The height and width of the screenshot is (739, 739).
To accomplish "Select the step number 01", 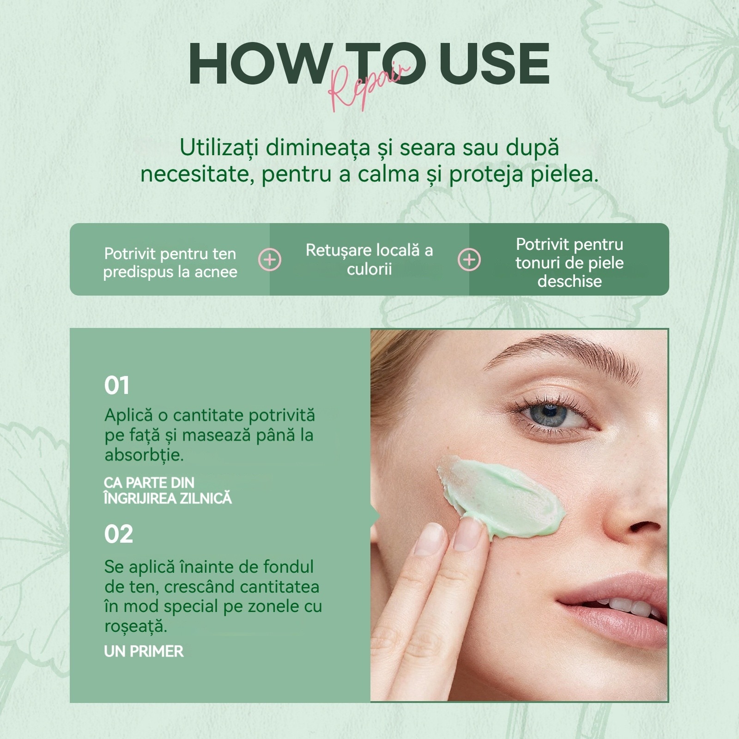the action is [x=117, y=385].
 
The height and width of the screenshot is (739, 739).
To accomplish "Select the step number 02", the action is [x=119, y=534].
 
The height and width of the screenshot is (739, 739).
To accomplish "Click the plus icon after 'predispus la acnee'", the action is [x=270, y=260].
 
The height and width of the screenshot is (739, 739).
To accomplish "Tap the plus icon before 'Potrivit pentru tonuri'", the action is [x=469, y=260].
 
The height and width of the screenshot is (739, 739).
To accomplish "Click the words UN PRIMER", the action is [x=144, y=651].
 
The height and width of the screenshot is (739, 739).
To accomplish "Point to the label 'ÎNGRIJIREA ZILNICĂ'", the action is [x=168, y=498].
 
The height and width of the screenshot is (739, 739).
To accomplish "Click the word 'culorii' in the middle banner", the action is [x=369, y=269].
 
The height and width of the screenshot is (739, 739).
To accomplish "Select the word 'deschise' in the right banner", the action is [x=569, y=281].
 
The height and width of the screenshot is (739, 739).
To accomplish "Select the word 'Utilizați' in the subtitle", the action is [x=219, y=148].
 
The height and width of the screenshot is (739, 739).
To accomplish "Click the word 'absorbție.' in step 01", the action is [x=144, y=455].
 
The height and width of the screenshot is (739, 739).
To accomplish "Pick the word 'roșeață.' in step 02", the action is [x=136, y=626].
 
